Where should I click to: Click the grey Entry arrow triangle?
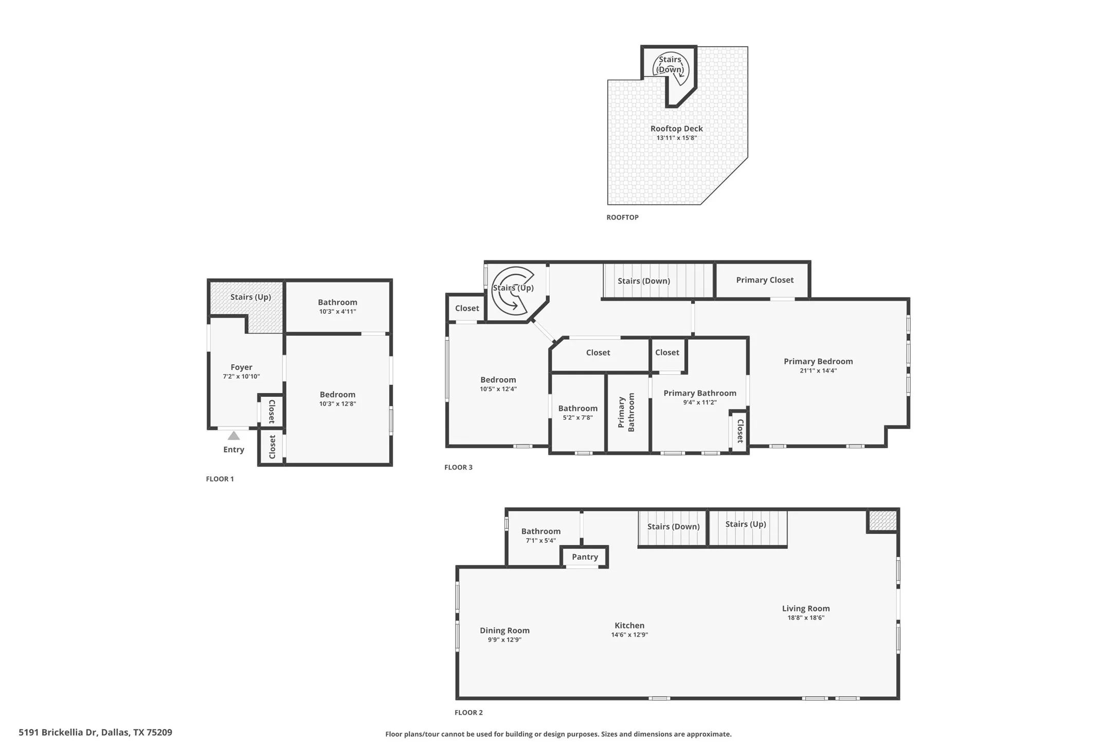click(x=233, y=436)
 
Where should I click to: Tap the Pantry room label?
click(x=585, y=557)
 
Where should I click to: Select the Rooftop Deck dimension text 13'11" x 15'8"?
click(x=676, y=138)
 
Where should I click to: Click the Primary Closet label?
click(x=764, y=280)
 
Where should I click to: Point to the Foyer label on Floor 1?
click(x=241, y=367)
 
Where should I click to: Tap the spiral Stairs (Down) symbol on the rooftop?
click(x=671, y=67)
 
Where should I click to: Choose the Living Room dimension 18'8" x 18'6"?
click(x=805, y=618)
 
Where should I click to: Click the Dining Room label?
click(x=505, y=630)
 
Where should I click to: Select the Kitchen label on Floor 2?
click(x=629, y=626)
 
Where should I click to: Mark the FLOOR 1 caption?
click(x=220, y=479)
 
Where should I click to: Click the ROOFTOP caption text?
click(x=622, y=218)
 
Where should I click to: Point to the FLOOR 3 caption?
click(x=458, y=468)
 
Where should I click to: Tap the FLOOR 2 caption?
click(x=469, y=713)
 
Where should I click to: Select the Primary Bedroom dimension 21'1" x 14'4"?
click(x=818, y=370)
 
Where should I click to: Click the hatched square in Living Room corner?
click(x=882, y=521)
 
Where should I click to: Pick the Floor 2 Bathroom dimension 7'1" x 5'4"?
click(x=541, y=541)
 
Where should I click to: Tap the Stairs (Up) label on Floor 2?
click(x=745, y=524)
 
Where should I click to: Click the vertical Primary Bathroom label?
click(x=626, y=413)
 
